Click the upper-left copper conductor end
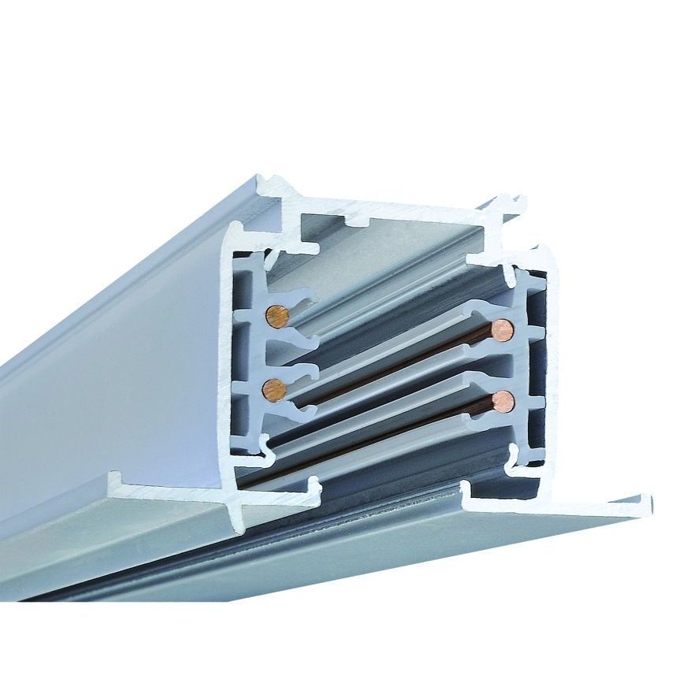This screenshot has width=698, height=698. click(277, 317)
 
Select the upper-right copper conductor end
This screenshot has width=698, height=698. click(502, 329)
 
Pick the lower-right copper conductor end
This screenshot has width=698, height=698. click(502, 402)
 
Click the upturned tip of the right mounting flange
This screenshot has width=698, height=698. click(645, 501)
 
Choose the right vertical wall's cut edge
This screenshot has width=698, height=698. click(552, 355)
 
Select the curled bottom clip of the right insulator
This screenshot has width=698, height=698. click(515, 457)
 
